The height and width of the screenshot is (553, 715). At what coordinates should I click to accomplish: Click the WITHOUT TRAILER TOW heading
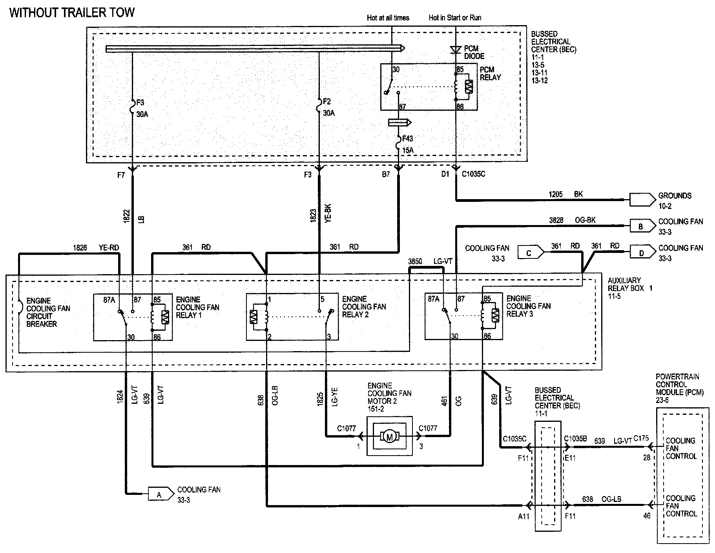(72, 13)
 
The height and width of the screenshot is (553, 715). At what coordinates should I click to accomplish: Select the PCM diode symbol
(456, 50)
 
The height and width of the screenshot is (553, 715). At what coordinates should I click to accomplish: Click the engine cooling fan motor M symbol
(390, 436)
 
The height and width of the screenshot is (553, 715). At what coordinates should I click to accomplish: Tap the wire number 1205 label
(556, 194)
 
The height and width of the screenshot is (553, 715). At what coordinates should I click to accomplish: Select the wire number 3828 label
(556, 220)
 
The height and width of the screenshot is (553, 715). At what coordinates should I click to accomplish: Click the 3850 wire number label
(415, 261)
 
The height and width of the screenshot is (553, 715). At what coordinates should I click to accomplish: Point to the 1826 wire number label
(80, 247)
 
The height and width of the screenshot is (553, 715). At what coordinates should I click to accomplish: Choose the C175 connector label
(641, 438)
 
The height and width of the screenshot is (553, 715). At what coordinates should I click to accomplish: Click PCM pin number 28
(647, 457)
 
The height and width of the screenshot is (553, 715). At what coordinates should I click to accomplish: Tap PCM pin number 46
(647, 515)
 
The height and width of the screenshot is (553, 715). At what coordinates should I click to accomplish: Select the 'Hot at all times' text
(388, 18)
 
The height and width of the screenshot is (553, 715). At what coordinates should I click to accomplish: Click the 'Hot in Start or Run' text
(455, 18)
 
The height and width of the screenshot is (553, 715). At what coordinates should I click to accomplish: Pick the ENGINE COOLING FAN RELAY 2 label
(364, 307)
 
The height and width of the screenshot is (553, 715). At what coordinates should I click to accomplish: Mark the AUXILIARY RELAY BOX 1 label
(630, 288)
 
